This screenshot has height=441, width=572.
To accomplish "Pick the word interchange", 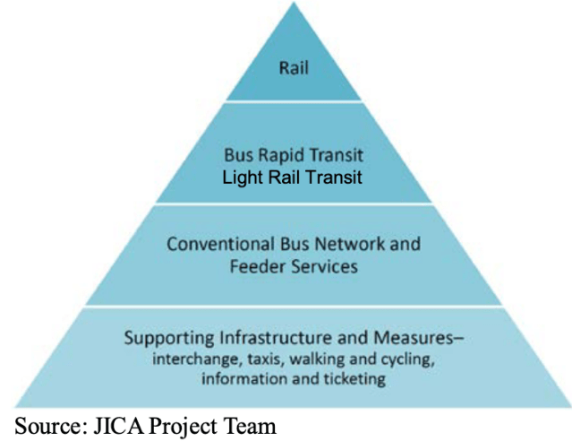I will click(x=196, y=359).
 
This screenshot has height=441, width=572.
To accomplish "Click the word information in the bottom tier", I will click(x=242, y=379).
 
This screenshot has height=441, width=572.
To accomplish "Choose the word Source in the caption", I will click(x=43, y=424).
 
